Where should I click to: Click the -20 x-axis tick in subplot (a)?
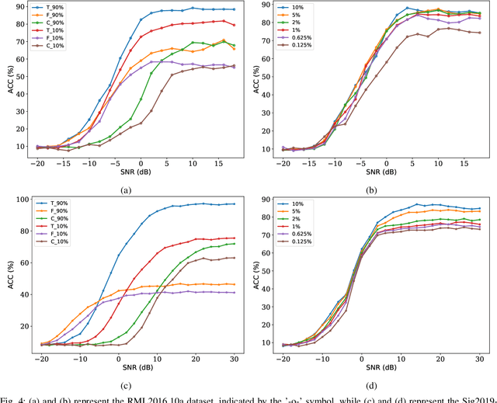coord(40,162)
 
